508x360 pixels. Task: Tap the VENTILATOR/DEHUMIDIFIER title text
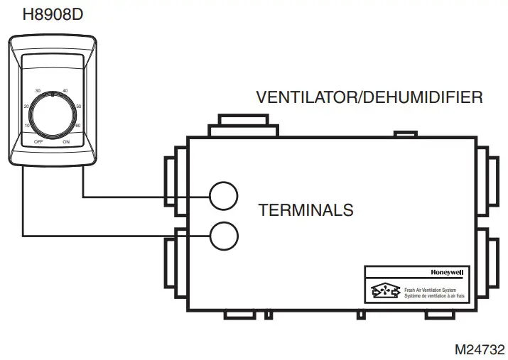tap(369, 97)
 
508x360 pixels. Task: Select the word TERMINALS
tap(306, 210)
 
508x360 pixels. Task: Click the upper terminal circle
tap(223, 195)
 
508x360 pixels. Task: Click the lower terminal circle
tap(223, 236)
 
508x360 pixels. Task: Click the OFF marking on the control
tap(38, 142)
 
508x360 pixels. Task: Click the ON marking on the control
tap(66, 142)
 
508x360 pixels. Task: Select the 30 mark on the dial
tap(38, 91)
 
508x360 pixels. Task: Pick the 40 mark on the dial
tap(65, 91)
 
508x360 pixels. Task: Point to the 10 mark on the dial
tap(27, 125)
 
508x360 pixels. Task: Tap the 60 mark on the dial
tap(77, 125)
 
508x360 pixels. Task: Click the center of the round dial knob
tap(52, 114)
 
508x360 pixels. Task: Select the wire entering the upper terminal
tap(142, 196)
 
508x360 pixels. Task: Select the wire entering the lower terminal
tap(114, 236)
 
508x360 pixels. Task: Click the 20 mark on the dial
tap(27, 106)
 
